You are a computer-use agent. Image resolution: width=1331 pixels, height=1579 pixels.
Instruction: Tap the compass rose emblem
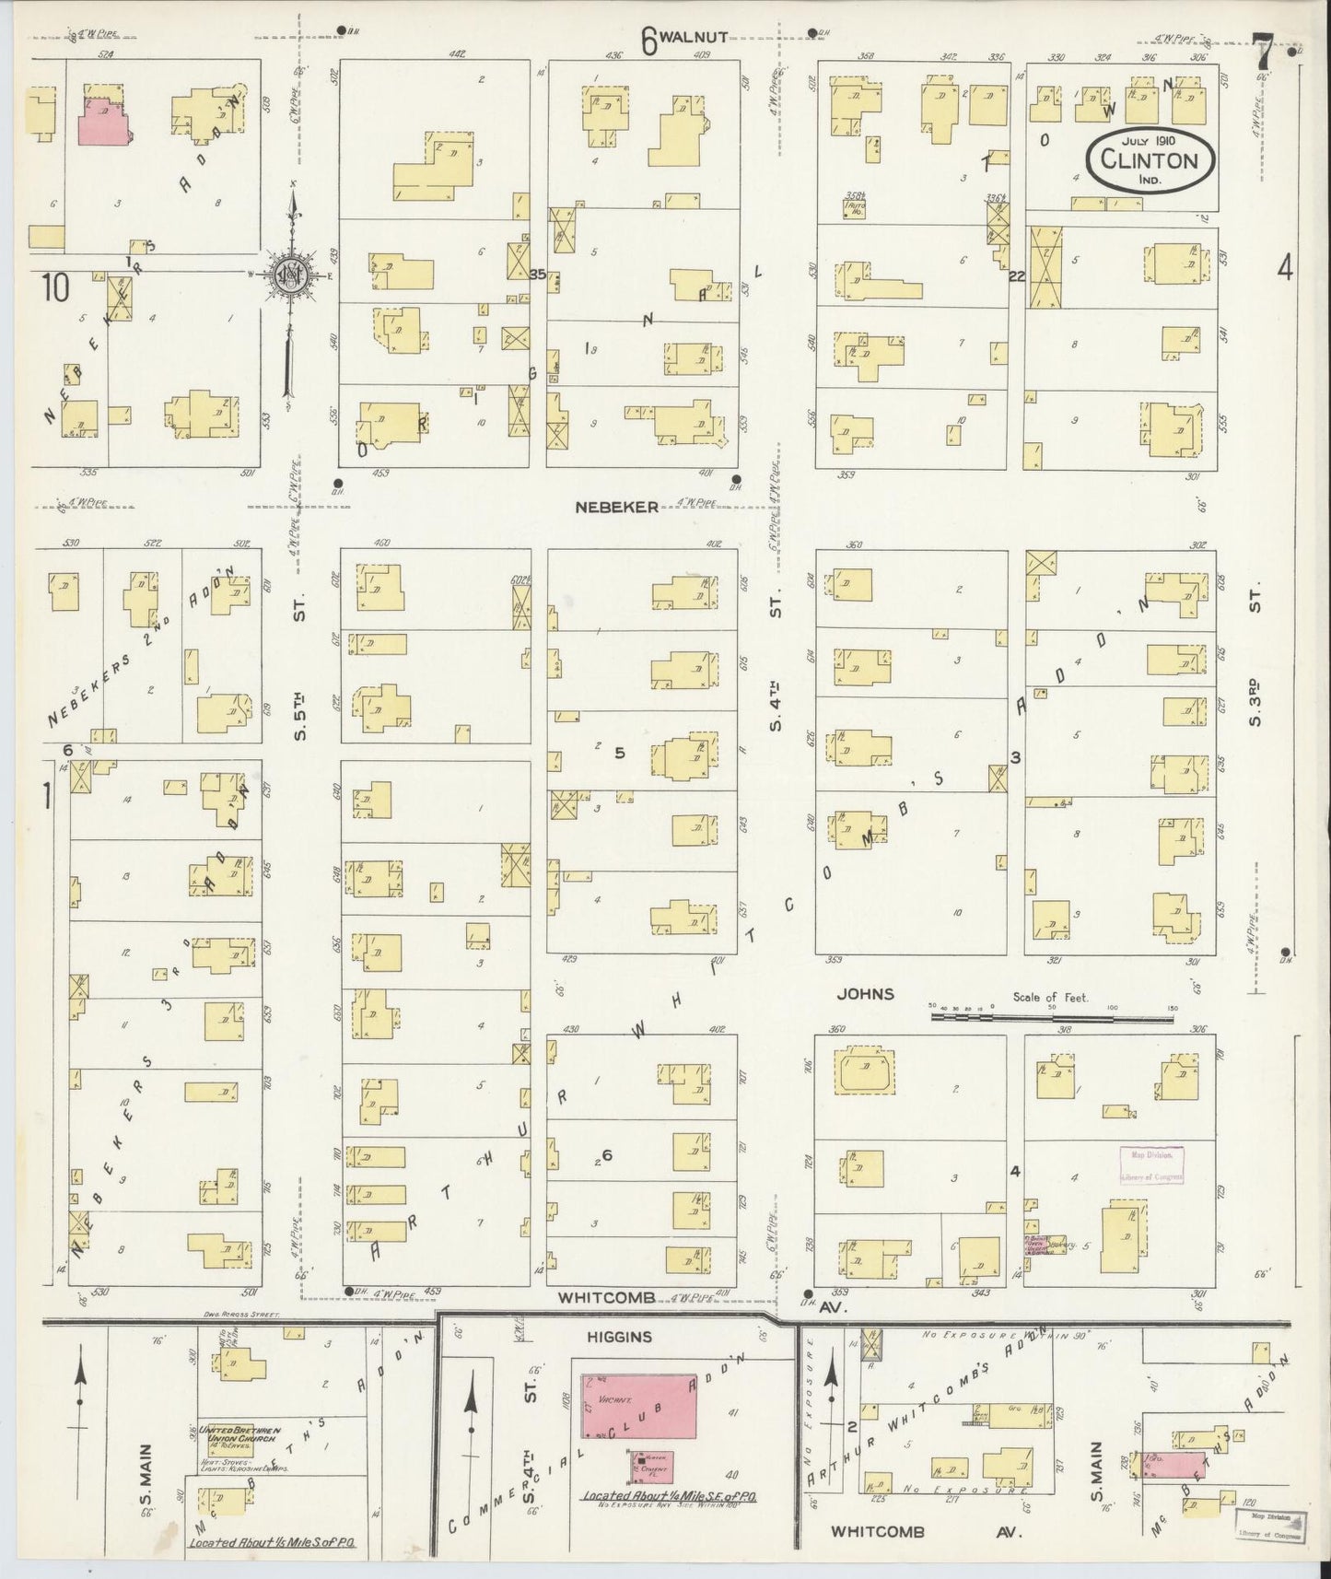[x=289, y=274]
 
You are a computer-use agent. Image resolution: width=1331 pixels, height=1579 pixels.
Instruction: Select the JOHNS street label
[x=865, y=994]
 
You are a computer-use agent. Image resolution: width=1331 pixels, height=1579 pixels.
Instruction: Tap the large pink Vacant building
[x=638, y=1406]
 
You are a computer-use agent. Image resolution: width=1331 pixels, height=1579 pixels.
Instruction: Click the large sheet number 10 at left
[x=54, y=289]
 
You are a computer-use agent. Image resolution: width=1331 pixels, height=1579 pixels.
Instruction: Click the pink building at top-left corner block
[x=108, y=121]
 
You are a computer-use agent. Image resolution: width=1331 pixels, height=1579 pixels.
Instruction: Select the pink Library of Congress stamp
[x=1151, y=1165]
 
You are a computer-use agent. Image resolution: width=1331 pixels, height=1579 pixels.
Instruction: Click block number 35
[x=539, y=274]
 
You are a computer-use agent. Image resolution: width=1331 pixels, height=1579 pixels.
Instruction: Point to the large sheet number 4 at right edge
[x=1285, y=268]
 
